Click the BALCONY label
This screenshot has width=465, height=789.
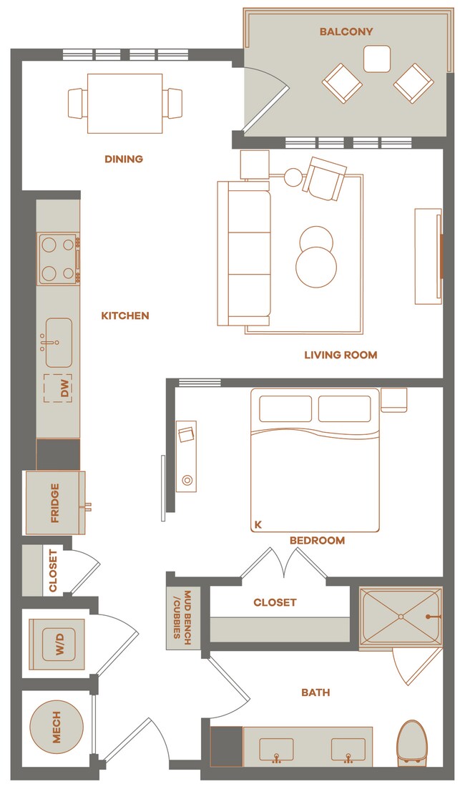click(x=346, y=31)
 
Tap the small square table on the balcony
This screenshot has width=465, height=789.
click(x=377, y=59)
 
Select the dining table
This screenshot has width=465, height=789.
click(x=125, y=103)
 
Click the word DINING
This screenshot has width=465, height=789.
click(x=124, y=159)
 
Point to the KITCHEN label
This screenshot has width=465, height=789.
click(x=125, y=316)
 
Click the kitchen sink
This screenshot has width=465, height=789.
click(x=59, y=343)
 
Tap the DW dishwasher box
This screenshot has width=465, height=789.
click(x=57, y=388)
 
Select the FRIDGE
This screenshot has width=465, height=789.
click(x=55, y=503)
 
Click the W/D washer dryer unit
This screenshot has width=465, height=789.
click(x=57, y=644)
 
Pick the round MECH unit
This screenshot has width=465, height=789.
click(x=57, y=727)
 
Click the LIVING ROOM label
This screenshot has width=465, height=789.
click(x=341, y=356)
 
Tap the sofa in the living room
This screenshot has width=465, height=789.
click(x=245, y=253)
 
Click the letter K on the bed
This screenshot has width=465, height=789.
click(x=258, y=524)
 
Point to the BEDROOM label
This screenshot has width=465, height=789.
click(x=318, y=540)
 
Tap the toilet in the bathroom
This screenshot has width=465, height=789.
click(x=411, y=744)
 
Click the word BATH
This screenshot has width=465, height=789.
click(x=315, y=693)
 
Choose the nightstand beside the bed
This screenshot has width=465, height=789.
click(x=393, y=400)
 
